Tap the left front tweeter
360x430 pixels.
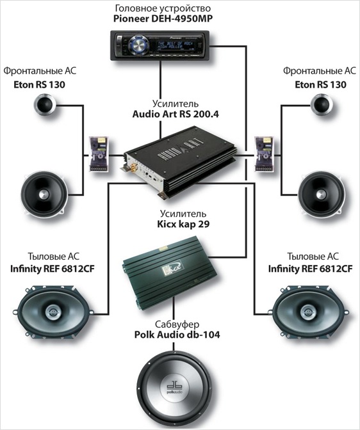click(44, 104)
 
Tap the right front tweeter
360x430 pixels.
click(322, 104)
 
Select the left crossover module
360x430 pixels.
click(99, 154)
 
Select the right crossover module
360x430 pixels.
click(264, 154)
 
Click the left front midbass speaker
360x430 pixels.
click(44, 194)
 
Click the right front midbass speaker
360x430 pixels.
click(321, 194)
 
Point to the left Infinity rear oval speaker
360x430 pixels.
click(52, 312)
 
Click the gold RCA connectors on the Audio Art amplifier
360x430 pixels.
click(134, 167)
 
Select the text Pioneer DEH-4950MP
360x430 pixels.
click(163, 19)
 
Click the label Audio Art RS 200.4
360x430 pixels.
click(176, 114)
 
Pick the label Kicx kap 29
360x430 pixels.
click(183, 224)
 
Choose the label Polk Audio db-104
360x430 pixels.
click(177, 335)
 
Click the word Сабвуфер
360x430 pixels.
click(177, 324)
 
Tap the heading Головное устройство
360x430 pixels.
click(163, 8)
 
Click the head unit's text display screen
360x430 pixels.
click(175, 45)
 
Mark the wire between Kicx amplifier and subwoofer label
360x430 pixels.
click(174, 308)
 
